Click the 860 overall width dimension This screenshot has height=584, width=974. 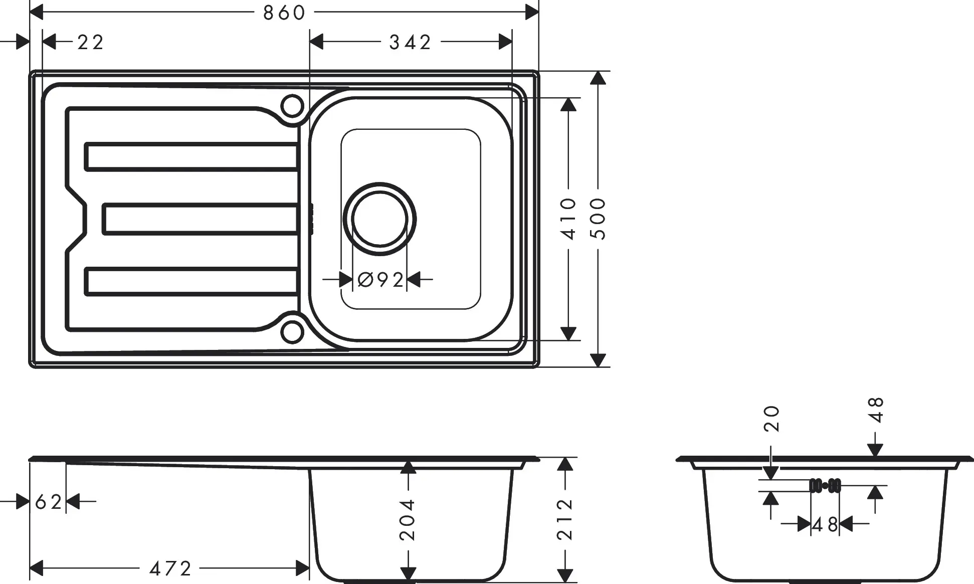tap(284, 13)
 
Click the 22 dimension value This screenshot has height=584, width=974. tap(91, 42)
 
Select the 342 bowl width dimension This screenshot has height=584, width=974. tap(410, 42)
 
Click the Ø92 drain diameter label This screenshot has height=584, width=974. tap(381, 280)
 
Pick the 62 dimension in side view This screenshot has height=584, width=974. tap(48, 501)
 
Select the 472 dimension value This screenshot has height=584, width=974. tap(170, 568)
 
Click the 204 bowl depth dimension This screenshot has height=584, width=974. tap(408, 520)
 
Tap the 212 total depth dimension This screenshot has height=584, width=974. tap(565, 519)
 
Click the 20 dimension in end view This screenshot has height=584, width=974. tap(772, 419)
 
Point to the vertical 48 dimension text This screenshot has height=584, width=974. tap(877, 410)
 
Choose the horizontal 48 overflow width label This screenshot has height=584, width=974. tap(825, 525)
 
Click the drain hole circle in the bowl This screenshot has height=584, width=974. tap(379, 219)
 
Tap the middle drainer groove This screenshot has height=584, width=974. tap(201, 219)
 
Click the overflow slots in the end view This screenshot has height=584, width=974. tap(825, 485)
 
